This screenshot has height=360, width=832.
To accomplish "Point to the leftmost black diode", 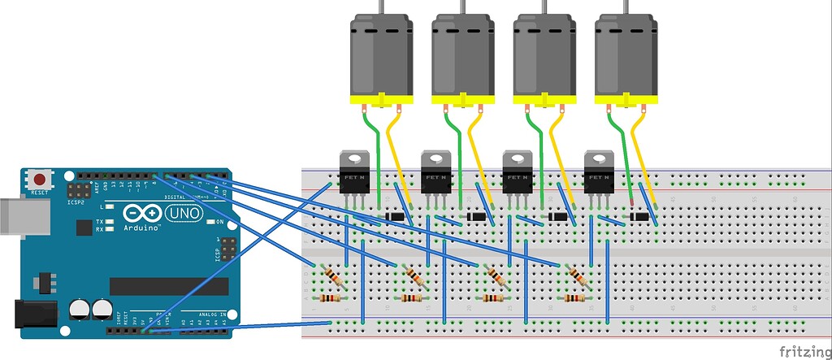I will (x=396, y=217).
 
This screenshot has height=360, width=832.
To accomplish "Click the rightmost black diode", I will (x=641, y=217).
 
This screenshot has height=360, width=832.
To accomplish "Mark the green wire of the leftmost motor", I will (x=375, y=150).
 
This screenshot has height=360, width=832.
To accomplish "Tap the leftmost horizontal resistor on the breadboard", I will (x=331, y=298).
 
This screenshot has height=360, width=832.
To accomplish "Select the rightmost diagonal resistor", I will (x=578, y=277).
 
